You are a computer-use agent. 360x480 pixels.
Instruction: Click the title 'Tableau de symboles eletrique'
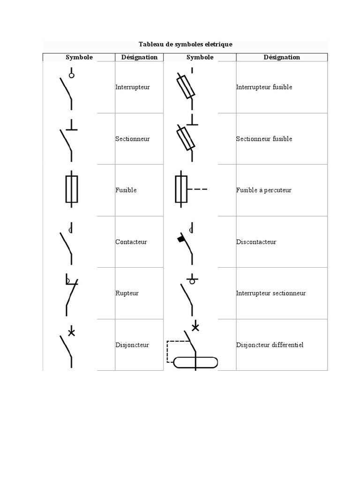pos(186,44)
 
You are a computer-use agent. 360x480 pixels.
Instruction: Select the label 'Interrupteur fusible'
pos(264,87)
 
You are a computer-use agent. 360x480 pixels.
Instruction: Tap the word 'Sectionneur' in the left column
pos(132,139)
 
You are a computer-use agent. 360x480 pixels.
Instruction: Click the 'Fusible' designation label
pos(126,190)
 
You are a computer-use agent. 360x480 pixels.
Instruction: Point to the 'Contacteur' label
pos(131,242)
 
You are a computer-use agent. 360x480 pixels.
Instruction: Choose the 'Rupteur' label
pos(127,293)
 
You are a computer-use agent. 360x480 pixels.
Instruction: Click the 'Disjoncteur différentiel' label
pos(270,345)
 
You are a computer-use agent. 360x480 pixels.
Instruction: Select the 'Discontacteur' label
pos(256,242)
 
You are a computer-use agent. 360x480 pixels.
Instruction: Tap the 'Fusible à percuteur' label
pos(263,190)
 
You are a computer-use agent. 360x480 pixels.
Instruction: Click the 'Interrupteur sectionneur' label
pos(271,293)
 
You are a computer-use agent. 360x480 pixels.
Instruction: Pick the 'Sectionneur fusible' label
pos(264,139)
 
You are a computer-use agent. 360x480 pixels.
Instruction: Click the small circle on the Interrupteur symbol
pos(71,75)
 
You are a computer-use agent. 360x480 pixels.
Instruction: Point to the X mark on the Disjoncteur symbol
pos(71,333)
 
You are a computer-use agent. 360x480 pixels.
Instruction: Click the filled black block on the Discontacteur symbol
pos(180,239)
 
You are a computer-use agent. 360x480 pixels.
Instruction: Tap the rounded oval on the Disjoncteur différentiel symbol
pos(195,363)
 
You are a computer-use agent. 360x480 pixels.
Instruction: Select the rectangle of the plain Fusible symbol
pos(71,189)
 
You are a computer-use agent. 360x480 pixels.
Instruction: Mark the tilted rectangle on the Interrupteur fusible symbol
pos(185,86)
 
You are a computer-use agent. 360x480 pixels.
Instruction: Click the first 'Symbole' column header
pos(79,57)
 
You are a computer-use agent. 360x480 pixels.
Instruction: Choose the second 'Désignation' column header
pos(282,57)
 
